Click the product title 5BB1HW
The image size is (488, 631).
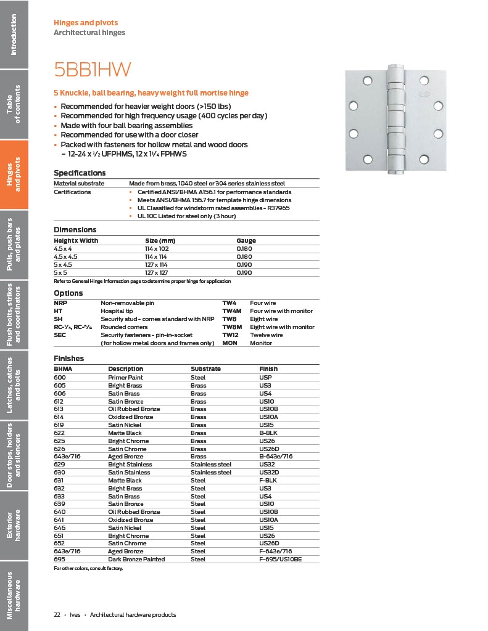[x=92, y=70]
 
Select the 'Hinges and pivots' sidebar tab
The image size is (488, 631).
[x=14, y=174]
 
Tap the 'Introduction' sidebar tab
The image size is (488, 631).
[x=14, y=34]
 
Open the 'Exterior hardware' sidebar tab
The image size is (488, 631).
[x=14, y=524]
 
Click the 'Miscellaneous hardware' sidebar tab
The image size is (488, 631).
[x=14, y=595]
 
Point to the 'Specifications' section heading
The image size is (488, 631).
[x=80, y=173]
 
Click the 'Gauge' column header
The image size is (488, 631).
[x=246, y=240]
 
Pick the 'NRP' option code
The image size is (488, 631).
[x=60, y=303]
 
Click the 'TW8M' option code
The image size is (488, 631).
[x=231, y=327]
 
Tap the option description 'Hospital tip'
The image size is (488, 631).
[x=115, y=311]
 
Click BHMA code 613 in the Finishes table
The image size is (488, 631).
[x=59, y=409]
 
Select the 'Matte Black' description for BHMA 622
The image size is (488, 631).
[x=125, y=433]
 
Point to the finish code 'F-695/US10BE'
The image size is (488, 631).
[x=280, y=560]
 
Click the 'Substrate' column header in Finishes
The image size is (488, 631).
[x=205, y=369]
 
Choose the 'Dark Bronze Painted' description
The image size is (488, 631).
[x=134, y=560]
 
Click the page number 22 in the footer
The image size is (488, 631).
[x=57, y=614]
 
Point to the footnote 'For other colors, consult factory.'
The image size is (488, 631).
[x=88, y=568]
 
